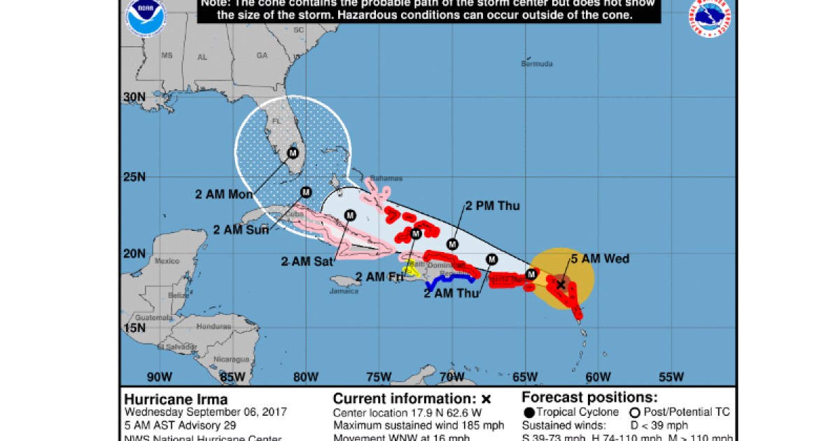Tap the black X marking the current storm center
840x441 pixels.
561,284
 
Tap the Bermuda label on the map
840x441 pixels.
537,64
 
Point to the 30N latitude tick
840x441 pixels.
134,98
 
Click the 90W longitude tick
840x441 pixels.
160,377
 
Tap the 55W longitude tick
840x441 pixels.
671,377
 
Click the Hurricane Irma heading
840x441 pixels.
176,399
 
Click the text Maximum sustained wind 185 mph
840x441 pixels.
409,425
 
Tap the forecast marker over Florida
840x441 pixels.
293,153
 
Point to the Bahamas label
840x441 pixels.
382,178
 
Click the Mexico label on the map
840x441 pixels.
167,261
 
